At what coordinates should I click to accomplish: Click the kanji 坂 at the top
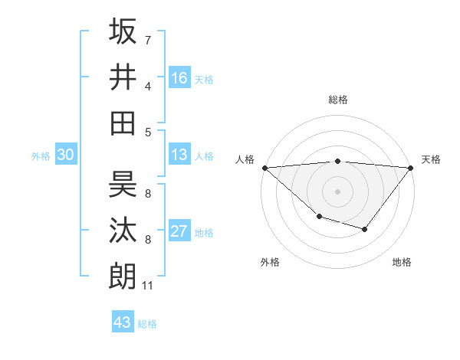coord(123,31)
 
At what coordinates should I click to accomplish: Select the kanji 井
coord(123,77)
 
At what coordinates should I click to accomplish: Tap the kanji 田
coord(123,123)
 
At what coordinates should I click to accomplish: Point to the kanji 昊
coord(123,185)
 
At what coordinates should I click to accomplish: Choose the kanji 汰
coord(123,231)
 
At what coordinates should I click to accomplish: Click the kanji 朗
coord(123,276)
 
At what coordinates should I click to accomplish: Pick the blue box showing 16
coord(179,78)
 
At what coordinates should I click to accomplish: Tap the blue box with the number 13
coord(179,155)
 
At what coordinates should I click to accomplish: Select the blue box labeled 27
coord(179,232)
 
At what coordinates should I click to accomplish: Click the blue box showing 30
coord(65,155)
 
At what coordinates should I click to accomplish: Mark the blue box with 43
coord(123,322)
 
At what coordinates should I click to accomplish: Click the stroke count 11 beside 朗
coord(149,286)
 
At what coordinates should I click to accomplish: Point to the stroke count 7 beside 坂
coord(148,40)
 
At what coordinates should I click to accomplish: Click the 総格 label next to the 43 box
coord(147,324)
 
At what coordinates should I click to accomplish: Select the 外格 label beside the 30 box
coord(41,156)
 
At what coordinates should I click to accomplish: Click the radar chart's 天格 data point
coord(411,167)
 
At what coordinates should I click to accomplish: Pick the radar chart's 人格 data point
coord(264,167)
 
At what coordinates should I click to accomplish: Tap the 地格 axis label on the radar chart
coord(402,262)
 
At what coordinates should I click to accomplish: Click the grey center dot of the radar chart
coord(337,191)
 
